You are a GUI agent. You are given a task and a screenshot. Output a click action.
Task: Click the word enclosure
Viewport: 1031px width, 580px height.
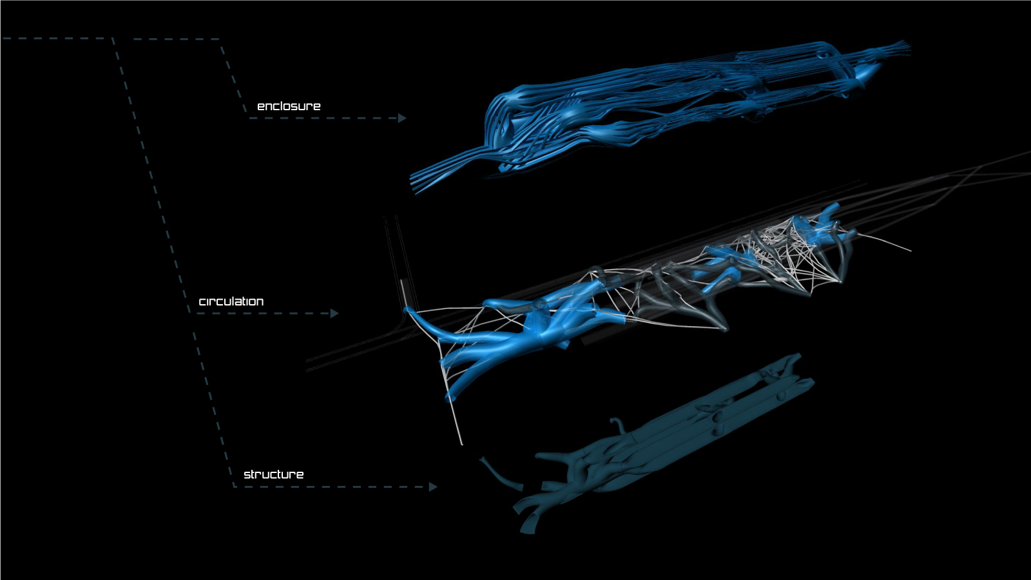(x=289, y=106)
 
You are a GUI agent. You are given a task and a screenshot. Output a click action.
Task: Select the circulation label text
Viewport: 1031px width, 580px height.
(x=231, y=302)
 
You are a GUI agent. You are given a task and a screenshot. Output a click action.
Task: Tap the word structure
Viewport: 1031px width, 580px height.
(x=273, y=474)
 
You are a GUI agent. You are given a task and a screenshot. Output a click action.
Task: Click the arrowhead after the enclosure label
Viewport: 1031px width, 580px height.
(x=402, y=119)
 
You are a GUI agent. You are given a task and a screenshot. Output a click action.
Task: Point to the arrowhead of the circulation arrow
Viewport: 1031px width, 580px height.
(x=334, y=313)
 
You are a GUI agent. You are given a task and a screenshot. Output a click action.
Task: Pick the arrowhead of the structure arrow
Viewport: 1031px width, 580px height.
(x=432, y=487)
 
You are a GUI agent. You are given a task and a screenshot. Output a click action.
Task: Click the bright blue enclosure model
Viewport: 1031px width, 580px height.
(x=658, y=110)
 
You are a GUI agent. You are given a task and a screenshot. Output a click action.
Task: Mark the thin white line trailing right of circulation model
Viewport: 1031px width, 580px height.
(x=883, y=242)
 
